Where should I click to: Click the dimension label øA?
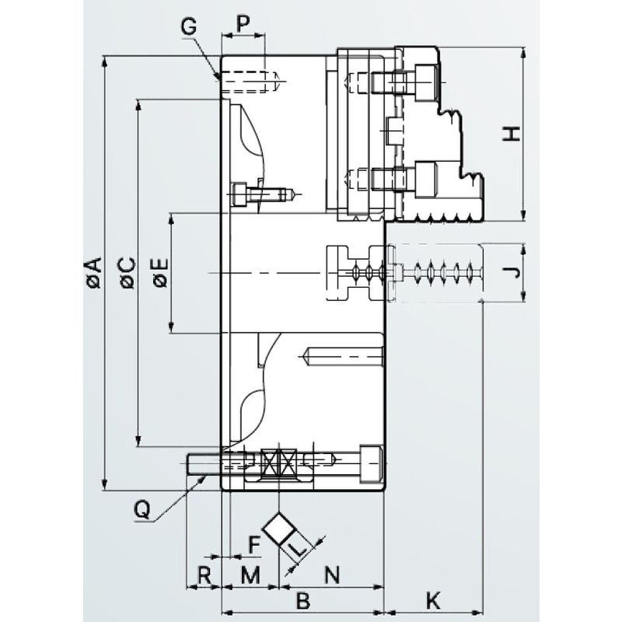coord(95,272)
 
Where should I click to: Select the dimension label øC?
coord(128,273)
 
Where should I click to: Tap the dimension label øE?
coord(161,273)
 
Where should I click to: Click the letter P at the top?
coord(243,24)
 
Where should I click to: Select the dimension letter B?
coord(303,601)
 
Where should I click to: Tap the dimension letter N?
coord(333,575)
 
